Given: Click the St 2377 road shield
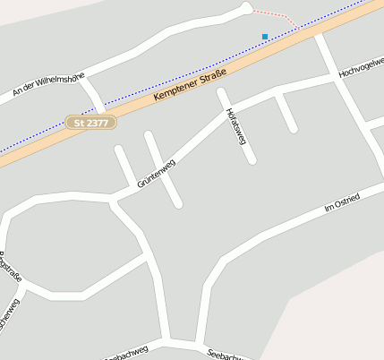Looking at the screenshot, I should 91,122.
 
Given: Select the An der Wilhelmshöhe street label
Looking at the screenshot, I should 48,78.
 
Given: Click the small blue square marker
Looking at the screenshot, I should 265,36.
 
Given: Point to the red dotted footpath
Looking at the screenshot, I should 276,16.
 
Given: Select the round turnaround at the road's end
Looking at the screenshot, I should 246,8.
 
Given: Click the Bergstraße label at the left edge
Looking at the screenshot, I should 11,270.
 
